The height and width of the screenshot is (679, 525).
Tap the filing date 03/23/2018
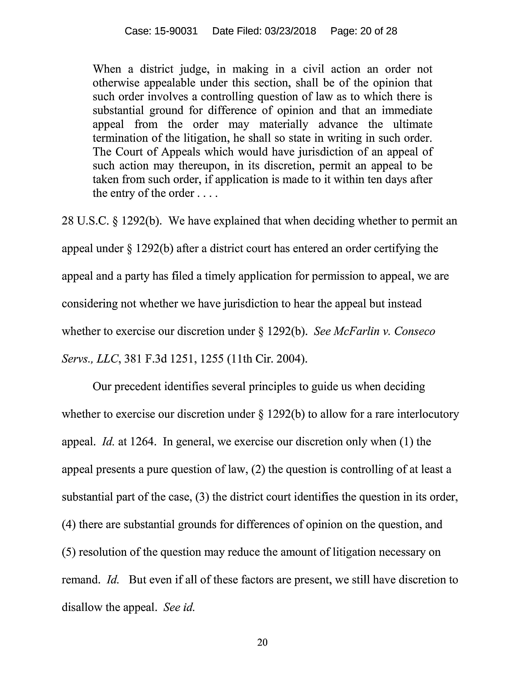(290, 31)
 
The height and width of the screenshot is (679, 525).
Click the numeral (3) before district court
(202, 497)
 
